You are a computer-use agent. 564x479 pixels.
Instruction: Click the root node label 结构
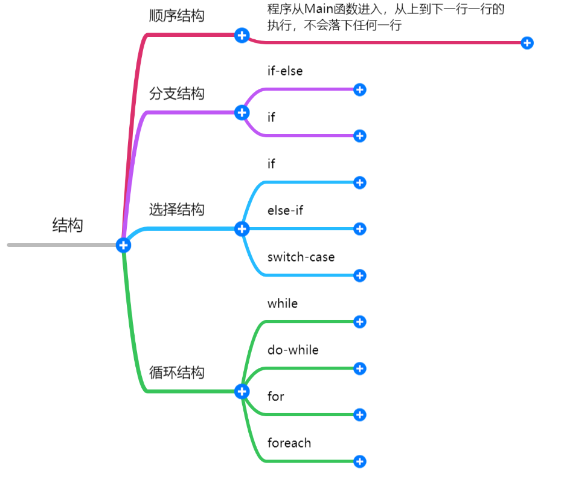point(68,225)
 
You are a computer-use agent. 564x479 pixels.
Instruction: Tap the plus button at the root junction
point(123,245)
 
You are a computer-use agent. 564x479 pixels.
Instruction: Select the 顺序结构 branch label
point(176,16)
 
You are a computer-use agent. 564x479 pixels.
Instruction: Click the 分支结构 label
point(176,94)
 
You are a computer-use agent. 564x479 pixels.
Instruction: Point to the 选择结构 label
point(176,210)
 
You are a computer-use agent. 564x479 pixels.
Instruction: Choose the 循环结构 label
point(176,372)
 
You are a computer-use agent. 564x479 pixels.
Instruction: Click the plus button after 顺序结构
point(242,35)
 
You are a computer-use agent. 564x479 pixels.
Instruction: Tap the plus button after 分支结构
point(242,112)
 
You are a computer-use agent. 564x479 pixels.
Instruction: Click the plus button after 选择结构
point(242,228)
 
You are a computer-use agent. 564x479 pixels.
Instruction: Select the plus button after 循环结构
point(242,391)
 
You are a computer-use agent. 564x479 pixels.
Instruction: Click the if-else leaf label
point(285,71)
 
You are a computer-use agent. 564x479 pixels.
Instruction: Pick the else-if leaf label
point(285,210)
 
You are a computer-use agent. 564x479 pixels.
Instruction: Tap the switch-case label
point(301,257)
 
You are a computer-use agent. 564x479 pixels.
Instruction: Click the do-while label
point(293,350)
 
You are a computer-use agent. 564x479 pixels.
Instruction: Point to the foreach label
point(289,443)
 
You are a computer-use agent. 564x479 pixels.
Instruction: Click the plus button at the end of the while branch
point(359,321)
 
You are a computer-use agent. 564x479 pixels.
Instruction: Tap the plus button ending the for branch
point(359,414)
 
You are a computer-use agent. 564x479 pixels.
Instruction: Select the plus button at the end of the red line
point(527,43)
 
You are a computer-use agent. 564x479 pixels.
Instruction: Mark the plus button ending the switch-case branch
point(359,275)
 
